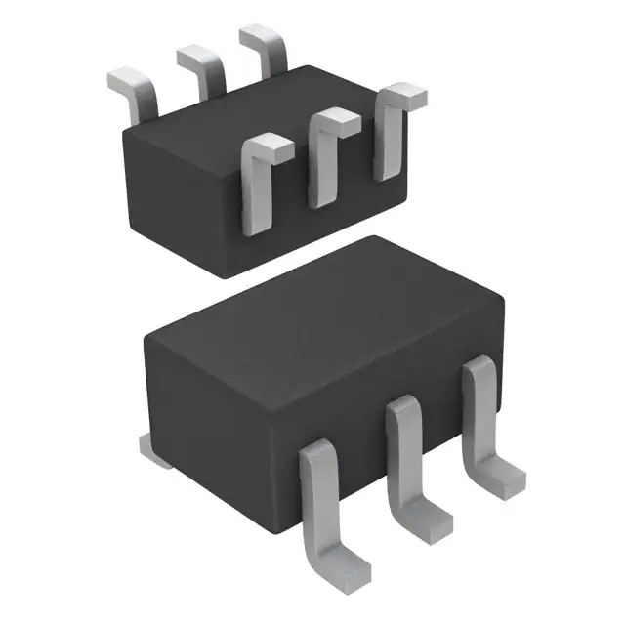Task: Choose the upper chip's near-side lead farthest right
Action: coord(391,137)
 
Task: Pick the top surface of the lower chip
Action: coord(322,303)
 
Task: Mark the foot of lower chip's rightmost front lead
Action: coord(504,479)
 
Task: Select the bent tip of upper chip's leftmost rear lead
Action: coord(125,76)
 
